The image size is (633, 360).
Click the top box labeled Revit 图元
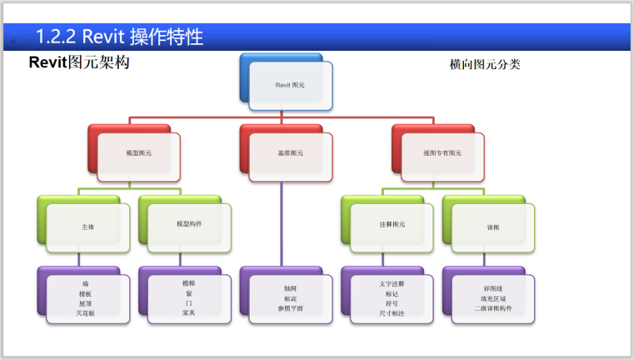point(290,85)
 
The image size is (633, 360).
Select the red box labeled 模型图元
point(138,153)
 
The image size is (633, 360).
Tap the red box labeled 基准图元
point(290,153)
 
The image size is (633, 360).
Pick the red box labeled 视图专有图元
point(441,153)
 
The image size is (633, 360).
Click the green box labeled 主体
point(87,226)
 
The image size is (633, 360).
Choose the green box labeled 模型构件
point(188,224)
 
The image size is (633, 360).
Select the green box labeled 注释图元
point(391,224)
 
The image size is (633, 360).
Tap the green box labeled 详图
point(492,226)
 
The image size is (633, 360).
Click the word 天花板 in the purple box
point(87,312)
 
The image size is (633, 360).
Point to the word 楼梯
point(188,283)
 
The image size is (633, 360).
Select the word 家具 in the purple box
point(188,312)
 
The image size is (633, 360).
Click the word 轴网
point(290,287)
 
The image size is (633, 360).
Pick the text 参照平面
point(290,307)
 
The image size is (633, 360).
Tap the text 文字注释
point(391,283)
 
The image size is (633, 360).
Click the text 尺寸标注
point(391,312)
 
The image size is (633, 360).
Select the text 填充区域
point(492,297)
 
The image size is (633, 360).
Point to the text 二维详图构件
point(492,307)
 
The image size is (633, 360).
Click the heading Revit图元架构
point(79,62)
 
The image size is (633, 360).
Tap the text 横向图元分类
point(485,64)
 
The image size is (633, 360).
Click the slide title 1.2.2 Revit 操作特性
point(120,37)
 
